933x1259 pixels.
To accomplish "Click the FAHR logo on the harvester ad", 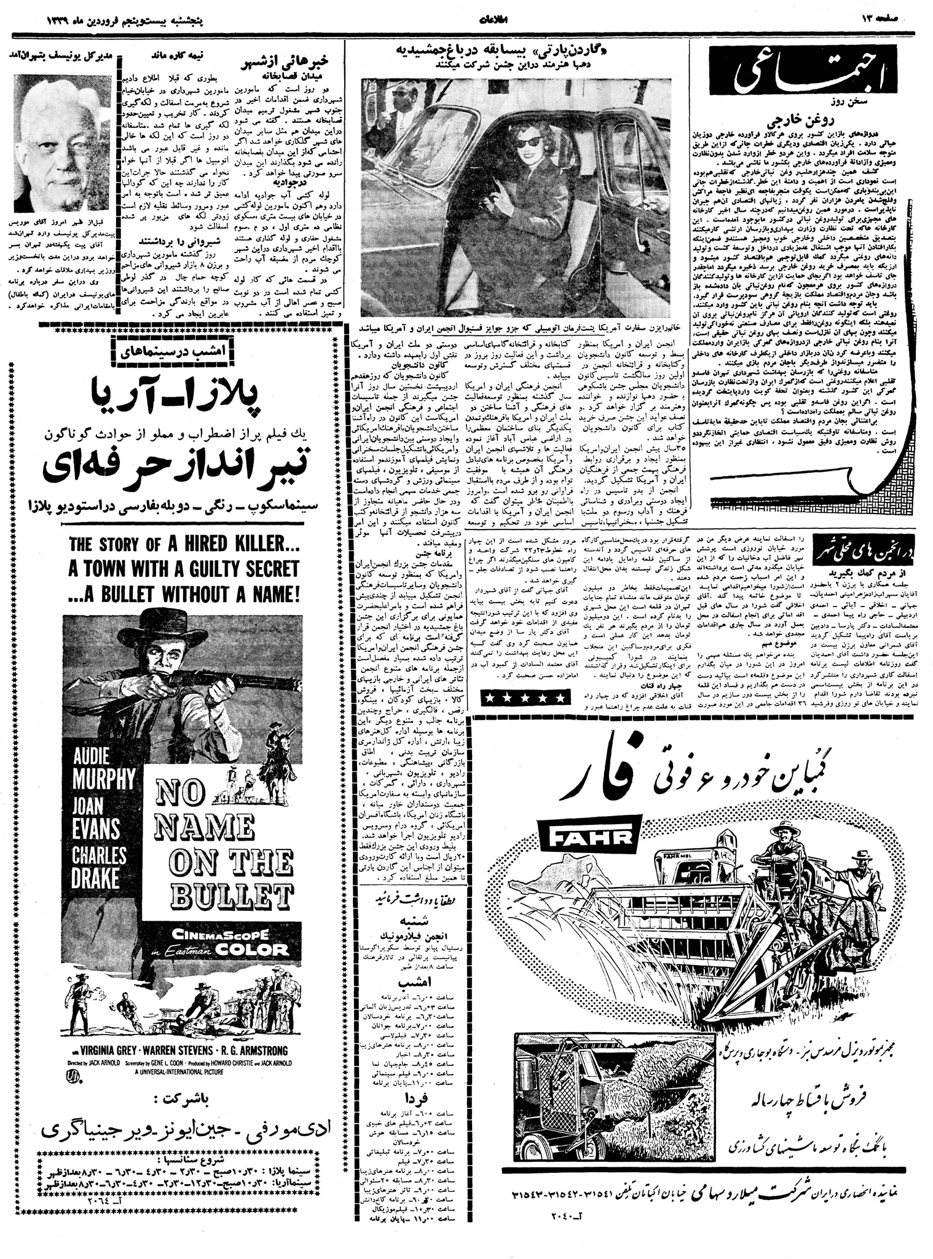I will tap(586, 837).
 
